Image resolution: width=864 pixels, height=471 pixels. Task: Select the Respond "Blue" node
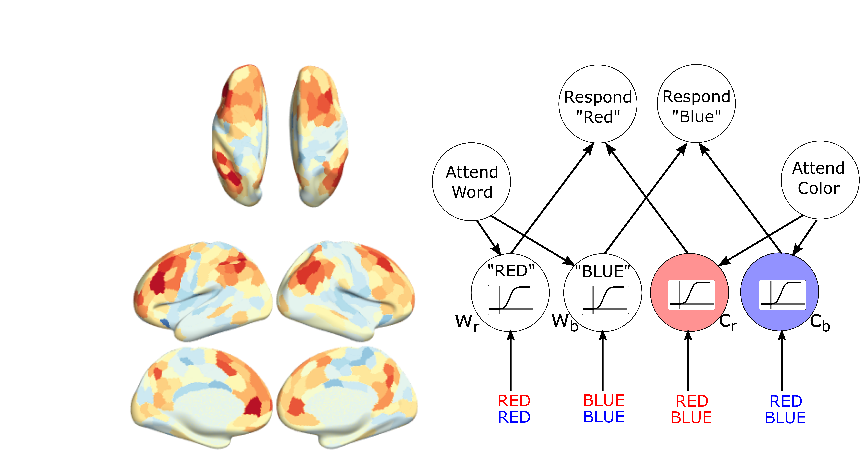click(x=696, y=104)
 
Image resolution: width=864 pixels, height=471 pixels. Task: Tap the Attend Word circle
click(x=472, y=182)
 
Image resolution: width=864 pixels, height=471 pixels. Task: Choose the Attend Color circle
click(x=820, y=180)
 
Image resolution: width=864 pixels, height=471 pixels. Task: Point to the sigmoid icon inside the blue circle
click(x=783, y=295)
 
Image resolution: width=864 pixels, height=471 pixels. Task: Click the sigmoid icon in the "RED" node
click(x=511, y=300)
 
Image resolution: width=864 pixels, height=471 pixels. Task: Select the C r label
click(x=728, y=322)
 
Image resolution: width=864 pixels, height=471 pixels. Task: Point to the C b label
click(x=820, y=322)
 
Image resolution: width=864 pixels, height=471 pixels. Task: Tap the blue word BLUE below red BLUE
click(x=604, y=417)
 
